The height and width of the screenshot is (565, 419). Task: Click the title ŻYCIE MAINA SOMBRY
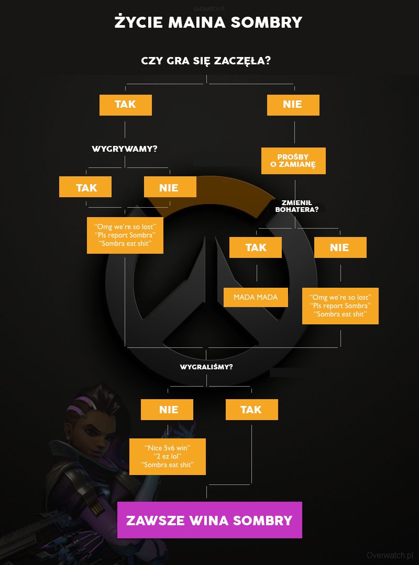coord(208,22)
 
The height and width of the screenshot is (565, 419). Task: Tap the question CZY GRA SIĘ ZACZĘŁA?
coord(206,61)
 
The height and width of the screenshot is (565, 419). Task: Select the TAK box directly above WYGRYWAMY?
coord(126,105)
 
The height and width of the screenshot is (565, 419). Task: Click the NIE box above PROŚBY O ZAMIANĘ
coord(293,105)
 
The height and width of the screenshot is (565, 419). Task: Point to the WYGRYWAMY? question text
coord(125,149)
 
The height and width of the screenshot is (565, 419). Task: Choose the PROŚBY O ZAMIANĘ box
coord(293,161)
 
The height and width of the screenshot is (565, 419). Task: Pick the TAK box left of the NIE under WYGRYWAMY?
coord(85,187)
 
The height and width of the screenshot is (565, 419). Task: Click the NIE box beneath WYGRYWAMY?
coord(170,187)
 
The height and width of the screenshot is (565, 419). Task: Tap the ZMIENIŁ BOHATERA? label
coord(296,206)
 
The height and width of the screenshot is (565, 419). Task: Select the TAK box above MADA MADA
coord(256,247)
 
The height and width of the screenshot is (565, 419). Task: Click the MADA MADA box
coord(256,297)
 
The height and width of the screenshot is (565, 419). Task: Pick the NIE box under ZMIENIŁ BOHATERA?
coord(340,247)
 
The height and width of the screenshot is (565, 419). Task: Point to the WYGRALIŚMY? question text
coord(206,367)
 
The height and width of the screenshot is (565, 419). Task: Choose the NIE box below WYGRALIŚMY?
coord(167,410)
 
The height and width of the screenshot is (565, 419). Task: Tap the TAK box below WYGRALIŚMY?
coord(251,410)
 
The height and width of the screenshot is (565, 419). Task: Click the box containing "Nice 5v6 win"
coord(167,456)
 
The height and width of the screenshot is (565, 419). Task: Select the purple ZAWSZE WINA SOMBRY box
coord(210,520)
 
